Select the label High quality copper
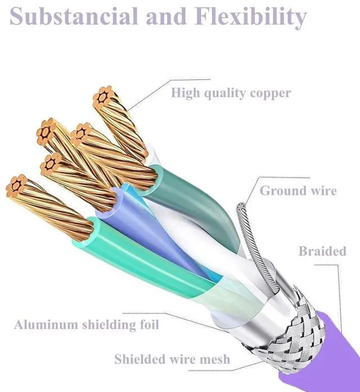tap(231, 93)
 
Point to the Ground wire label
tap(298, 191)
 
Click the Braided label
tap(322, 251)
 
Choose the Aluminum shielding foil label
tap(87, 325)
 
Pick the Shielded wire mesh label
tap(172, 359)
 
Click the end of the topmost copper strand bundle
tap(103, 96)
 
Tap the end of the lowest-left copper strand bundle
tap(16, 186)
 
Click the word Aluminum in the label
tap(46, 325)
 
